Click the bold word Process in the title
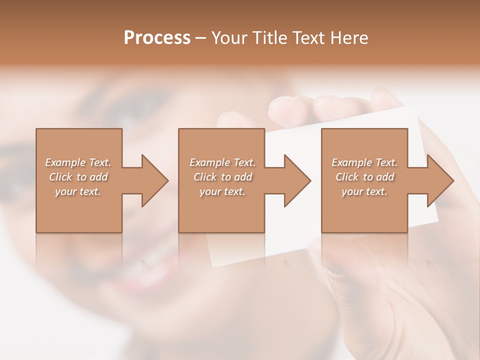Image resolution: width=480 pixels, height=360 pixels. pos(157,37)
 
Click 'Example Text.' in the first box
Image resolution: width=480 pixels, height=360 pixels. pos(78,162)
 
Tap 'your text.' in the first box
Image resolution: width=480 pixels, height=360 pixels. pos(78,191)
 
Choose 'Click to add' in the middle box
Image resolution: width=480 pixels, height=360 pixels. pos(222,177)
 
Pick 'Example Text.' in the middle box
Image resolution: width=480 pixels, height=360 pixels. pos(222,162)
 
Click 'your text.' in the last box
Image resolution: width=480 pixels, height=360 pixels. pos(364,191)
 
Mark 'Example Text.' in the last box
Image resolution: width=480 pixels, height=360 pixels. pos(364,162)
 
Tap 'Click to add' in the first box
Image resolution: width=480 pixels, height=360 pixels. pos(78,177)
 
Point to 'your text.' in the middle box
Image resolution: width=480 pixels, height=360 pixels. pos(222,191)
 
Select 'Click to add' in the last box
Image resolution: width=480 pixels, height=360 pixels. pos(364,177)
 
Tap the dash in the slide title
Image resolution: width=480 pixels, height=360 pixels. pos(201,38)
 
